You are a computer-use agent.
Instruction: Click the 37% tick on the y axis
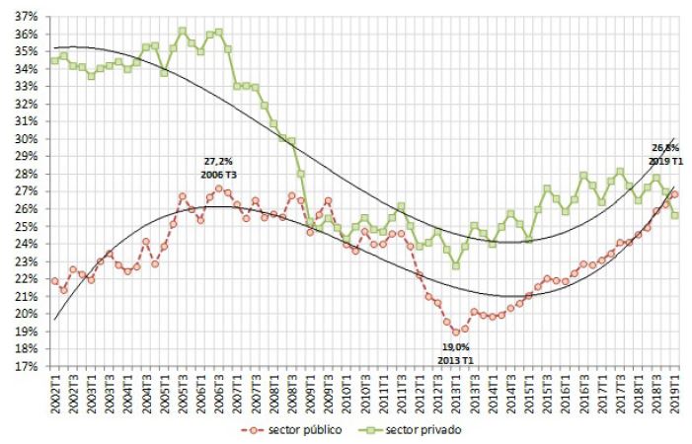pos(26,18)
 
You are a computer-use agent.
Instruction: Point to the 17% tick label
pos(26,366)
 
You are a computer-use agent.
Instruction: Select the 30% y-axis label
pos(26,139)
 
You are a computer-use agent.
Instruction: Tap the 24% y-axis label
pos(26,244)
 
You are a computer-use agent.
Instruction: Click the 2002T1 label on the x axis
pos(54,390)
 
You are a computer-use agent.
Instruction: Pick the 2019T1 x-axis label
pos(674,390)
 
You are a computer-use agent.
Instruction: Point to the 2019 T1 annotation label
pos(665,160)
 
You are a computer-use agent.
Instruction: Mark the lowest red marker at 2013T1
pos(456,332)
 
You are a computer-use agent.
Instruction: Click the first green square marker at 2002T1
pos(54,61)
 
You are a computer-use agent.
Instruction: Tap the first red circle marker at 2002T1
pos(54,281)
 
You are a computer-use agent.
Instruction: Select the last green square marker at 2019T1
pos(674,215)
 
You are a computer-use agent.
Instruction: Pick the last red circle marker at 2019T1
pos(674,194)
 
